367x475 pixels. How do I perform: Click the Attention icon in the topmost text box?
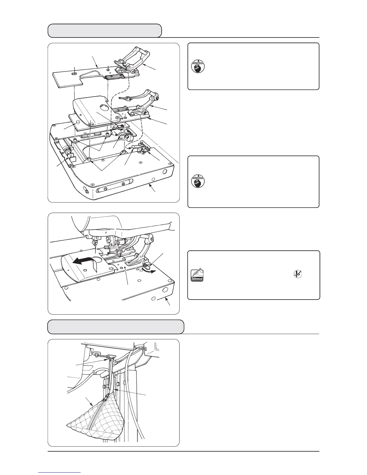tap(198, 66)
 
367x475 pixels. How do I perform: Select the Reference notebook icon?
tap(197, 275)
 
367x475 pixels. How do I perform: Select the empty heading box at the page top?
tap(105, 31)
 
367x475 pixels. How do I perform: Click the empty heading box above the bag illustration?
tap(116, 327)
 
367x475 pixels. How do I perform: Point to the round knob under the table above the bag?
tap(97, 354)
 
